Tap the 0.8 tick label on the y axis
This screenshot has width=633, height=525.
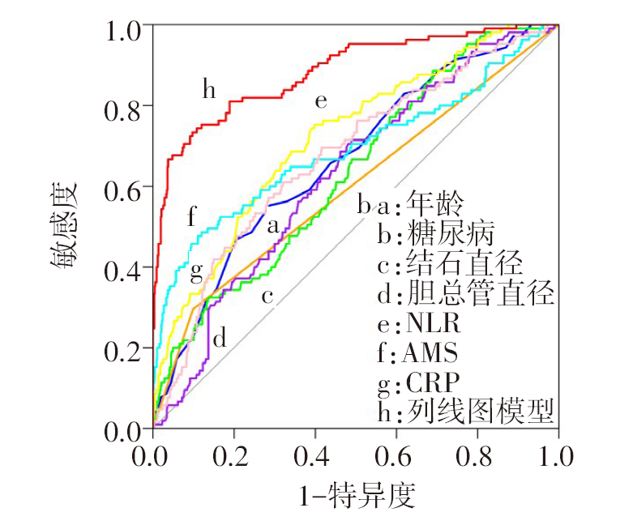tap(123, 107)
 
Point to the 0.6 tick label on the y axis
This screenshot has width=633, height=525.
tap(123, 188)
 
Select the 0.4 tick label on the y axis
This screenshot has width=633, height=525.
tap(123, 269)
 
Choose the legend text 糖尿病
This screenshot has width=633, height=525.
tap(448, 235)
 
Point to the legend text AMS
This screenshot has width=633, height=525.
tap(431, 353)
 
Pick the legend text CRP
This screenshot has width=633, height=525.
tap(431, 382)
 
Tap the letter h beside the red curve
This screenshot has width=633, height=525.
tap(209, 89)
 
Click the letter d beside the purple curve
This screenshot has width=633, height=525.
tap(219, 338)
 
